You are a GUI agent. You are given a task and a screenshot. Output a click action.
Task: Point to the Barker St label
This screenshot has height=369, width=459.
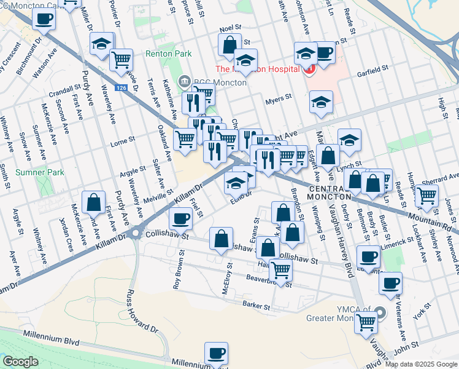pyautogui.click(x=256, y=306)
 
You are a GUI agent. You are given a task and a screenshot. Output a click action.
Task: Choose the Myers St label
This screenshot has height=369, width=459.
pyautogui.click(x=277, y=102)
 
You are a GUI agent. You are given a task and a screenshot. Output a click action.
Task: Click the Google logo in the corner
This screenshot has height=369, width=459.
pyautogui.click(x=20, y=362)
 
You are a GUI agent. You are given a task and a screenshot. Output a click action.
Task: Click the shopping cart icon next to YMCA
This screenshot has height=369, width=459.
pyautogui.click(x=366, y=321)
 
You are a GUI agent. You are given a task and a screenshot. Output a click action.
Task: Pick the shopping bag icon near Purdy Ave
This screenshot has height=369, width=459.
pyautogui.click(x=93, y=202)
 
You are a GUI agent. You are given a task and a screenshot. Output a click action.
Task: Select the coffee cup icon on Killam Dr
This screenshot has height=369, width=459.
pyautogui.click(x=180, y=218)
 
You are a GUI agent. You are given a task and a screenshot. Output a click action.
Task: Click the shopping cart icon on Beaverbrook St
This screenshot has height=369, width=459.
pyautogui.click(x=280, y=269)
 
